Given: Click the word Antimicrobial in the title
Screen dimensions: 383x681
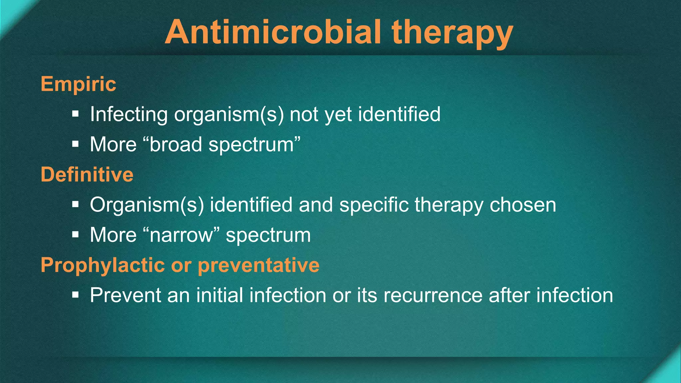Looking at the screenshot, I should (273, 32).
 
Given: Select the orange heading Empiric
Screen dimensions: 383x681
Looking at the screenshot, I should (78, 84).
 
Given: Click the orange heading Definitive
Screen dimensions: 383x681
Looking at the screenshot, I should (87, 174).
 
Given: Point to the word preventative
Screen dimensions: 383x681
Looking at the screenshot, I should (259, 265).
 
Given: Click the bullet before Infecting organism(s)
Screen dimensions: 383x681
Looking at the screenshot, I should (75, 114).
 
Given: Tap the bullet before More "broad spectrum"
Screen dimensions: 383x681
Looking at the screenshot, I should (75, 144).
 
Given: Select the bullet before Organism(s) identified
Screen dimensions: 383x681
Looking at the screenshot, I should (75, 204).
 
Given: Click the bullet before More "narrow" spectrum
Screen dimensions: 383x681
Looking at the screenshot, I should (75, 235).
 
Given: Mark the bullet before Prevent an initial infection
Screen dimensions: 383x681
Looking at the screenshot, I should (75, 295).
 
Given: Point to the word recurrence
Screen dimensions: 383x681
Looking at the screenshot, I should (433, 295).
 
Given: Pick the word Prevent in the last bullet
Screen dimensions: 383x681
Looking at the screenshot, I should (125, 295).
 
